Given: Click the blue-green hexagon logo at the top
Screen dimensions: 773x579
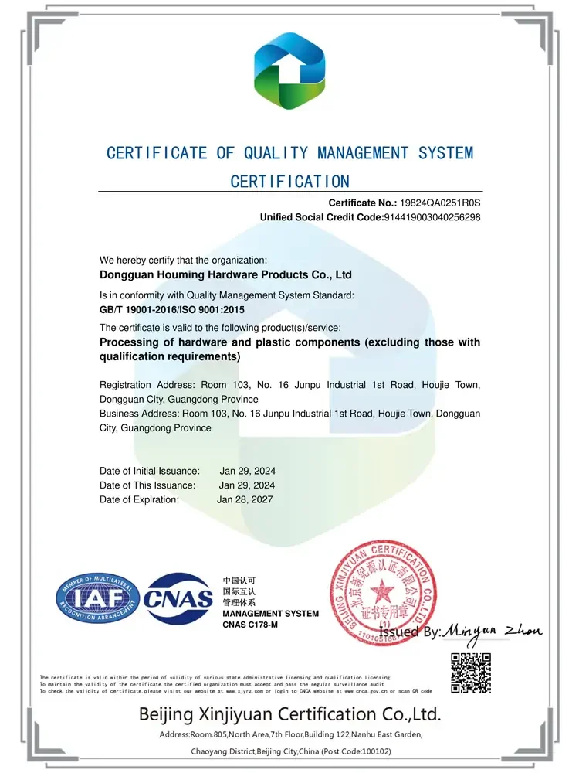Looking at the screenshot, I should point(289,76).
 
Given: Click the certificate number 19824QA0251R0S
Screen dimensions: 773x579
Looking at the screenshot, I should point(439,203).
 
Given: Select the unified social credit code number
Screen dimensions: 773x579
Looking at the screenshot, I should point(432,217).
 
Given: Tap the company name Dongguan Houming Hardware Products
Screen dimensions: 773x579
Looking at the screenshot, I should point(226,274).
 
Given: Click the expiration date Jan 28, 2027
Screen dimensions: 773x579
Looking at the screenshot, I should point(245,499).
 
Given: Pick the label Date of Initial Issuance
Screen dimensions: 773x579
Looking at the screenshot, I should point(150,471).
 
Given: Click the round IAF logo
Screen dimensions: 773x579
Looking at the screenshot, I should point(96,599).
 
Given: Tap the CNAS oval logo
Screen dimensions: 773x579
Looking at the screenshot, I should point(179,598).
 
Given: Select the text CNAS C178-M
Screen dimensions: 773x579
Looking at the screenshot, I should point(250,625).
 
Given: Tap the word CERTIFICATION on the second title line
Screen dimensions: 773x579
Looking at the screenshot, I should point(289,182).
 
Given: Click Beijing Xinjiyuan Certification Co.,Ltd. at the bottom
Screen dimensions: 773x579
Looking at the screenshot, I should point(289,713).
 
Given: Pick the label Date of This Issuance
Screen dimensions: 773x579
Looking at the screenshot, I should point(147,485).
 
